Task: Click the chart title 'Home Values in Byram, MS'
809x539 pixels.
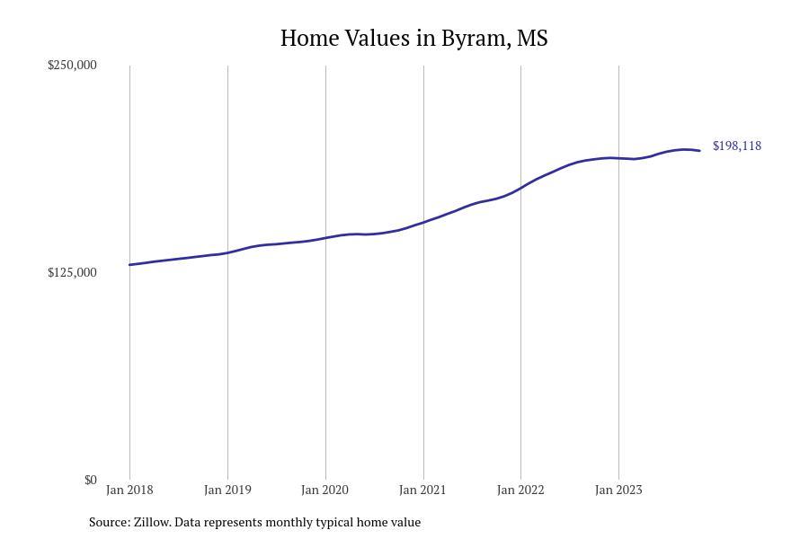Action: click(413, 39)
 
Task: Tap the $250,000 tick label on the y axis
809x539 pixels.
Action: click(72, 66)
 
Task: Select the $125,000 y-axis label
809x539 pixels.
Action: click(72, 273)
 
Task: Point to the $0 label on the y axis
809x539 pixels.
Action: click(90, 481)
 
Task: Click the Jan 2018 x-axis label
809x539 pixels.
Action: click(129, 490)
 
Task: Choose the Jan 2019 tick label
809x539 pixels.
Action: click(227, 490)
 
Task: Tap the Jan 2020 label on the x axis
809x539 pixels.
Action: click(325, 490)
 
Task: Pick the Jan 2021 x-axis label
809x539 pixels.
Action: click(422, 490)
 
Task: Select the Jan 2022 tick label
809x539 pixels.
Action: click(520, 490)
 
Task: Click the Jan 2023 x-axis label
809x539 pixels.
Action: click(618, 490)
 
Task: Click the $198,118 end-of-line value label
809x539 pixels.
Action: click(736, 146)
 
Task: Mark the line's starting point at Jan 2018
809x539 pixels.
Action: click(130, 265)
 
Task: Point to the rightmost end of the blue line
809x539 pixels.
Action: click(699, 151)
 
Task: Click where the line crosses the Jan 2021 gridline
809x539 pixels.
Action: click(423, 222)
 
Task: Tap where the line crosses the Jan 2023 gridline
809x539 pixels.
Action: click(618, 158)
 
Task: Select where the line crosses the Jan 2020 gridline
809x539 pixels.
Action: click(325, 238)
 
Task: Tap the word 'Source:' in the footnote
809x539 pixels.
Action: click(109, 522)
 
